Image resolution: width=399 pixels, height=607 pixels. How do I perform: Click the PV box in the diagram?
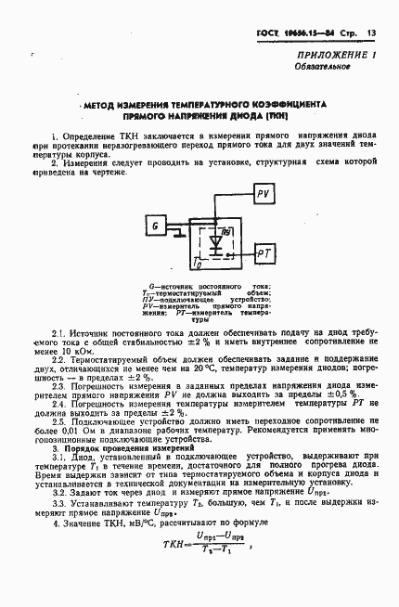point(263,192)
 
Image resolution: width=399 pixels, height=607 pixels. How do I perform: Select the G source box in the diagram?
point(157,226)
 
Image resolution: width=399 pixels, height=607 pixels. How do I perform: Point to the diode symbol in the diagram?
point(217,243)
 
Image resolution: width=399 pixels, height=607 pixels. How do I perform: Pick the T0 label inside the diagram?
point(197,264)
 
